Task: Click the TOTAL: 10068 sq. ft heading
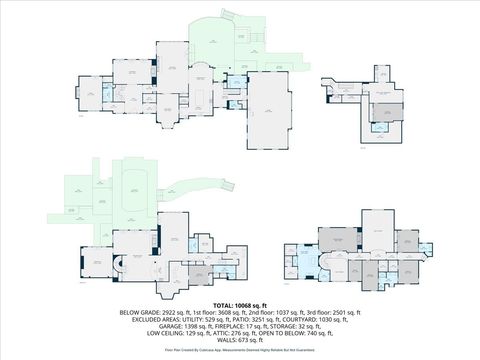pyautogui.click(x=240, y=304)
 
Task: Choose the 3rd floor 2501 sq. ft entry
pyautogui.click(x=324, y=312)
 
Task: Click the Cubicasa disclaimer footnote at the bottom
pyautogui.click(x=240, y=352)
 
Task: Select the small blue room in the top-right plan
pyautogui.click(x=381, y=125)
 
